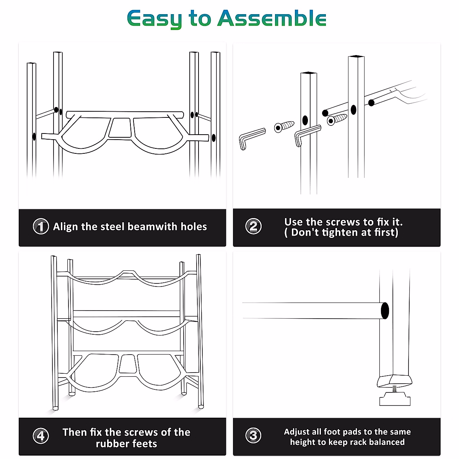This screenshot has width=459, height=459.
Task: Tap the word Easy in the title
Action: tap(155, 19)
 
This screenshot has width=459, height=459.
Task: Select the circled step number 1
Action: tap(41, 226)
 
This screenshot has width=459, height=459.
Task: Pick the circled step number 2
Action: tap(253, 226)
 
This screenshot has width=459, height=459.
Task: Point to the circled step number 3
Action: tap(253, 435)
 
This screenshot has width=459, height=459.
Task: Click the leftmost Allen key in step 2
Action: tap(252, 138)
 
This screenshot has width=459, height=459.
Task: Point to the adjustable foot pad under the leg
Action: tap(395, 400)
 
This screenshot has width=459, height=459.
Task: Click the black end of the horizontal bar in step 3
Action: tap(385, 311)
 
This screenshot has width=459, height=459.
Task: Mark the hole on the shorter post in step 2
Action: tap(305, 120)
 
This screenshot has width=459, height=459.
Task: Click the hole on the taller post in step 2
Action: tap(353, 110)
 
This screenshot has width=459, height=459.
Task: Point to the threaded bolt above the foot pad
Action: tap(394, 389)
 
